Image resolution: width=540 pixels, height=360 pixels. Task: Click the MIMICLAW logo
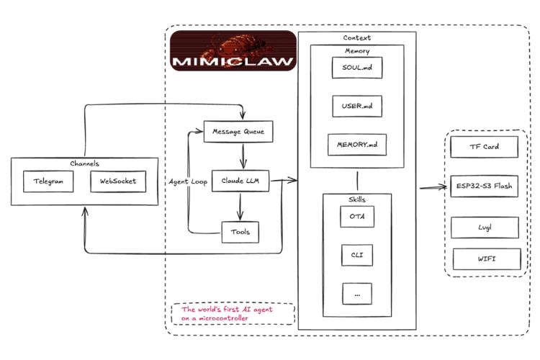point(233,50)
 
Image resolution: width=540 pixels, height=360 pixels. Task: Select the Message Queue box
point(239,132)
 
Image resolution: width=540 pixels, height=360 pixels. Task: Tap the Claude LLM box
point(240,182)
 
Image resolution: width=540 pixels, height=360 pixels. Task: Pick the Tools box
point(240,232)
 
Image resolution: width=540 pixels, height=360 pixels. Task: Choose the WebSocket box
point(118,182)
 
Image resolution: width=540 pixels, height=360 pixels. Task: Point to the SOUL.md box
point(357,68)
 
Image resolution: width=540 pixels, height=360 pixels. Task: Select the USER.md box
point(357,106)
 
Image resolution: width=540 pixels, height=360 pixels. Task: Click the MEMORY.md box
point(356,145)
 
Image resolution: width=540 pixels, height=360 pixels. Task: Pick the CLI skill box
point(357,254)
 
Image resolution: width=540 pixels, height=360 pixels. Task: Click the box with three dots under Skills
point(357,293)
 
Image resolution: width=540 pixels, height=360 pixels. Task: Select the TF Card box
point(484,147)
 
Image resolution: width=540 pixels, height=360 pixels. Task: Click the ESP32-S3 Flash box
point(484,187)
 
